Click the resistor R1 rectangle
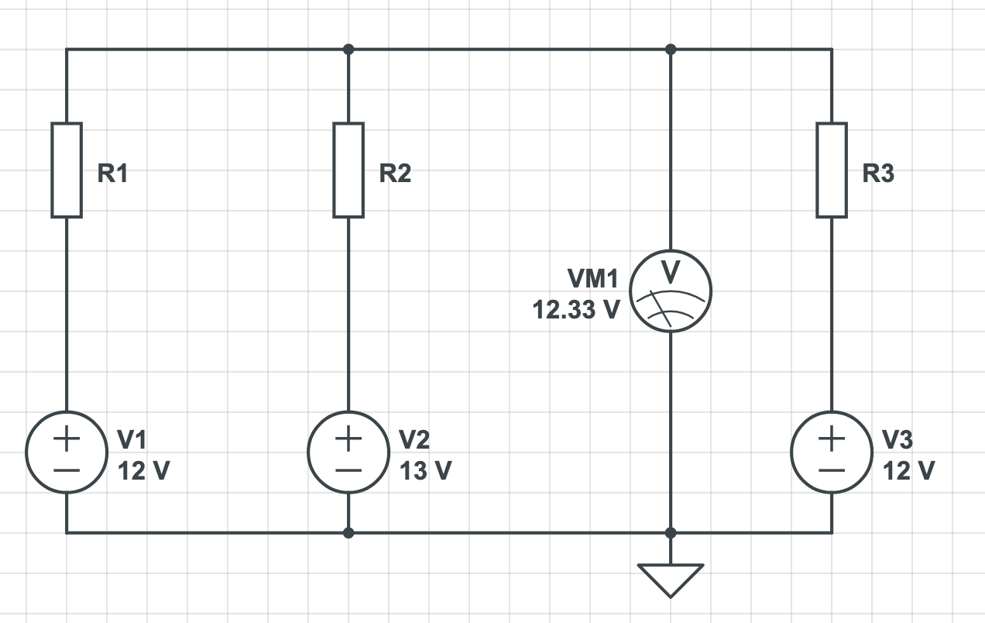click(67, 170)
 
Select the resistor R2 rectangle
click(348, 170)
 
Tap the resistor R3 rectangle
click(832, 170)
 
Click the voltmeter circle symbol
click(671, 292)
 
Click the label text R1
click(113, 174)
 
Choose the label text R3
click(878, 174)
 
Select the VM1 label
click(593, 279)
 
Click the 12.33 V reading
click(576, 310)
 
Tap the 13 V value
click(425, 470)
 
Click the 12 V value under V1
click(143, 470)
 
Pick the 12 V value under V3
click(909, 470)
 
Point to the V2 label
click(414, 440)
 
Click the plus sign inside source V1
click(67, 439)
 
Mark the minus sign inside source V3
click(832, 470)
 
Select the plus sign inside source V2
click(348, 439)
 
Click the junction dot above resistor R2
click(348, 50)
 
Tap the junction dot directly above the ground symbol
click(671, 533)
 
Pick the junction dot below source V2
click(348, 533)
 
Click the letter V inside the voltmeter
click(671, 272)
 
